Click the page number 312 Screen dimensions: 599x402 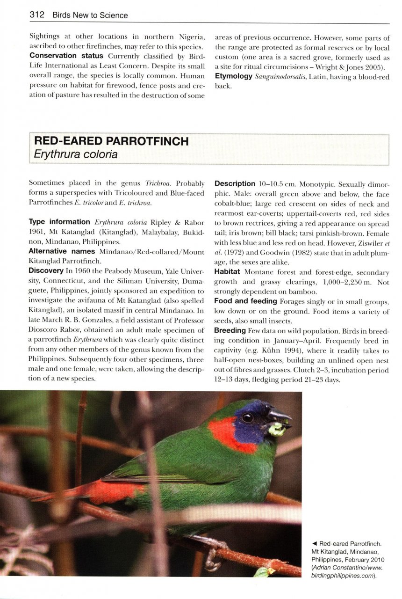(x=36, y=15)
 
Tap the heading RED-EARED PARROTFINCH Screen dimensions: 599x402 (x=111, y=141)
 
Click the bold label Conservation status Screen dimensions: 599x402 (x=66, y=56)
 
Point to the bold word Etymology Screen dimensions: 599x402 (x=234, y=76)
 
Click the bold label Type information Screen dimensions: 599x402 (x=59, y=222)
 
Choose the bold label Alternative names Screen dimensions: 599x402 (x=63, y=251)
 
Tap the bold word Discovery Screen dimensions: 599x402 (x=46, y=271)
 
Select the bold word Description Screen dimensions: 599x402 (x=235, y=184)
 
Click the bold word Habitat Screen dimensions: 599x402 (x=227, y=271)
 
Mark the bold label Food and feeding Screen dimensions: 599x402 (x=246, y=301)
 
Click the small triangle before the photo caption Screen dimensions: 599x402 (x=314, y=543)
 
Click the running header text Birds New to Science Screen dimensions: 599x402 (x=90, y=15)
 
